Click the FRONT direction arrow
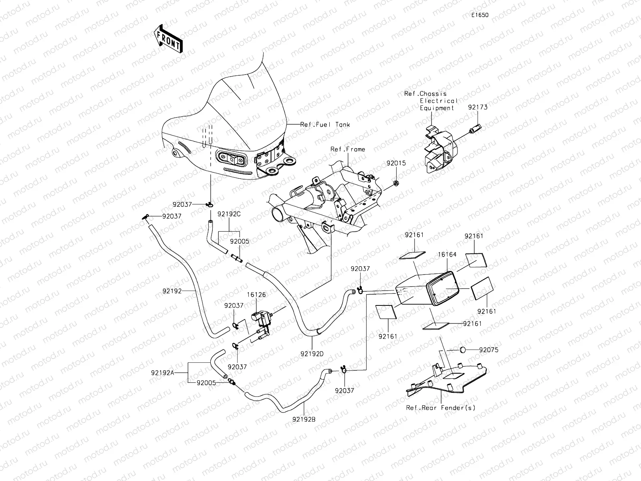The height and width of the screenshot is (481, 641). (167, 39)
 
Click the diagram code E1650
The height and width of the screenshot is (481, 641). (480, 15)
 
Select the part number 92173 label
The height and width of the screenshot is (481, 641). (478, 107)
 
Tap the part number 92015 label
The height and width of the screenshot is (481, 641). (396, 163)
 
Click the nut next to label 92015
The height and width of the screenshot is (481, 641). (394, 183)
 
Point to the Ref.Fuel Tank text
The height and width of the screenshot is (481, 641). (325, 125)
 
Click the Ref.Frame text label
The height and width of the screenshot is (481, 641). (347, 149)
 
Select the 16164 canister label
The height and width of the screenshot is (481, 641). (447, 254)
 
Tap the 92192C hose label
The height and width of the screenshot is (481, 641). (229, 214)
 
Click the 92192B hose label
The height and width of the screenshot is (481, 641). (304, 419)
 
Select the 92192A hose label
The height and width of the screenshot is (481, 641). (162, 372)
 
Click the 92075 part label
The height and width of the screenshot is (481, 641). (488, 350)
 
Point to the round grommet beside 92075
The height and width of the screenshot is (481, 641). (463, 350)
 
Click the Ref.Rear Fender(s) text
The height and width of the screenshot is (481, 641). (440, 408)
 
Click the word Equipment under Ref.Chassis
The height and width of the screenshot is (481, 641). (437, 108)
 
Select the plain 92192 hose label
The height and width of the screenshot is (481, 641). (172, 291)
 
